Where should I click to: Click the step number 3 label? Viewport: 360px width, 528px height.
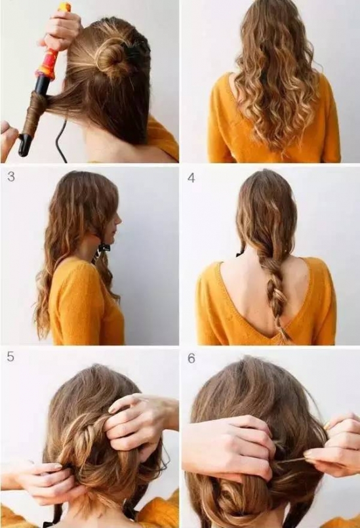(10, 177)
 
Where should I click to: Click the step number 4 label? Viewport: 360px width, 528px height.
(191, 178)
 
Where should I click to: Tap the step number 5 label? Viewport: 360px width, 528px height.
(10, 357)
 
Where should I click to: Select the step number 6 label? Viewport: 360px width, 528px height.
(191, 359)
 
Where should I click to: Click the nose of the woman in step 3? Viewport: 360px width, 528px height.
(119, 220)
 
